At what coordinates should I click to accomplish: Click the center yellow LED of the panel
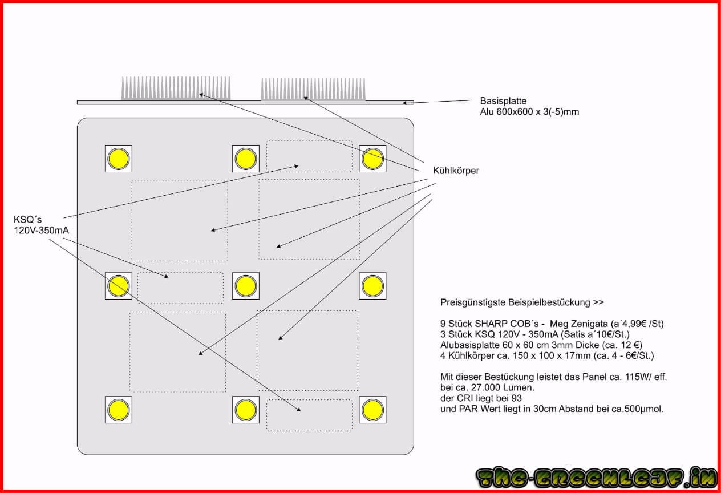tap(246, 286)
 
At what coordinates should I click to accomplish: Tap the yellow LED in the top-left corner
tap(119, 159)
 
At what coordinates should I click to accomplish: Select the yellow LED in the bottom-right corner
tap(372, 410)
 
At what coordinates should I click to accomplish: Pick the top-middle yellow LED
tap(246, 159)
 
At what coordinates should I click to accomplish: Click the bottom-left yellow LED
tap(119, 410)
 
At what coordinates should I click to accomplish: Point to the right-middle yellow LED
tap(372, 286)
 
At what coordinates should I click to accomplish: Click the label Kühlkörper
tap(456, 171)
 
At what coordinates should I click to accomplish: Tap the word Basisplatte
tap(503, 101)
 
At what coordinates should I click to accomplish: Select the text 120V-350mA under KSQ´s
tap(41, 231)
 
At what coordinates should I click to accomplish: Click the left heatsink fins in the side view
tap(176, 88)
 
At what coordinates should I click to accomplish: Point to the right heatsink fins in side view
tap(313, 89)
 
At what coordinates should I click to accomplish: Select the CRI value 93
tap(516, 398)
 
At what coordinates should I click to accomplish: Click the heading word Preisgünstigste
tap(473, 302)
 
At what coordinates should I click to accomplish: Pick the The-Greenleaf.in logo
tap(597, 477)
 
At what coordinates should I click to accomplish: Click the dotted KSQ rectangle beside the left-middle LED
tap(181, 288)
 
